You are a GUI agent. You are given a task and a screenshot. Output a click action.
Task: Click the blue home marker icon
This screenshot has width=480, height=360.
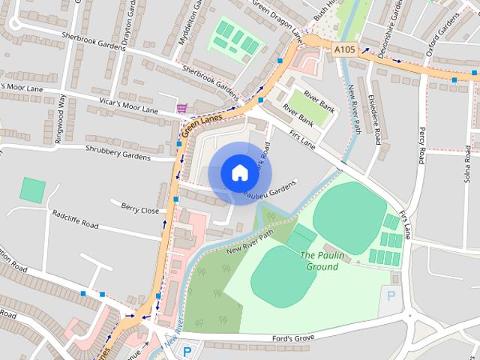tap(238, 172)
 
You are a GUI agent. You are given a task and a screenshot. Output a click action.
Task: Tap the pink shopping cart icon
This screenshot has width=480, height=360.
tap(182, 108)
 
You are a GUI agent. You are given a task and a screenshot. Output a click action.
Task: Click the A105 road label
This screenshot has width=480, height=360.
tap(345, 50)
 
